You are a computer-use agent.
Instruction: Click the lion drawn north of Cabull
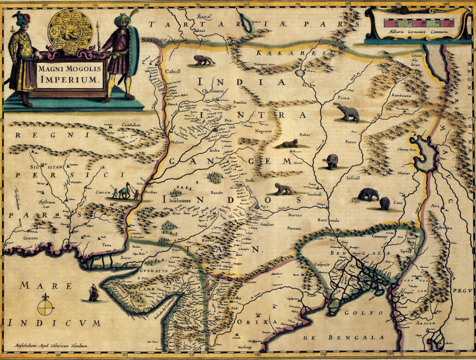point(203,60)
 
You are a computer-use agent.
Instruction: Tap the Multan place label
point(177,142)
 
